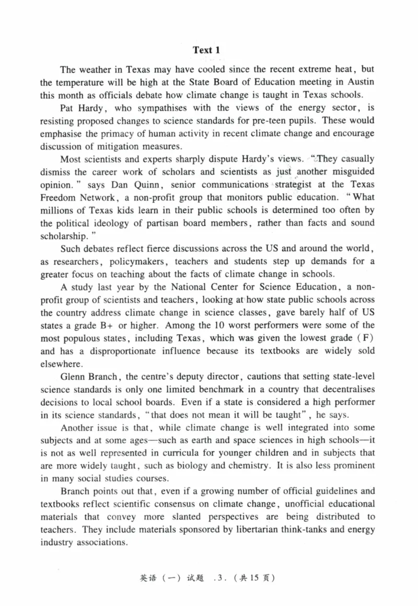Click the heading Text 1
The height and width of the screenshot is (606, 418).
206,50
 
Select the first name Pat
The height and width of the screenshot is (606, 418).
68,108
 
